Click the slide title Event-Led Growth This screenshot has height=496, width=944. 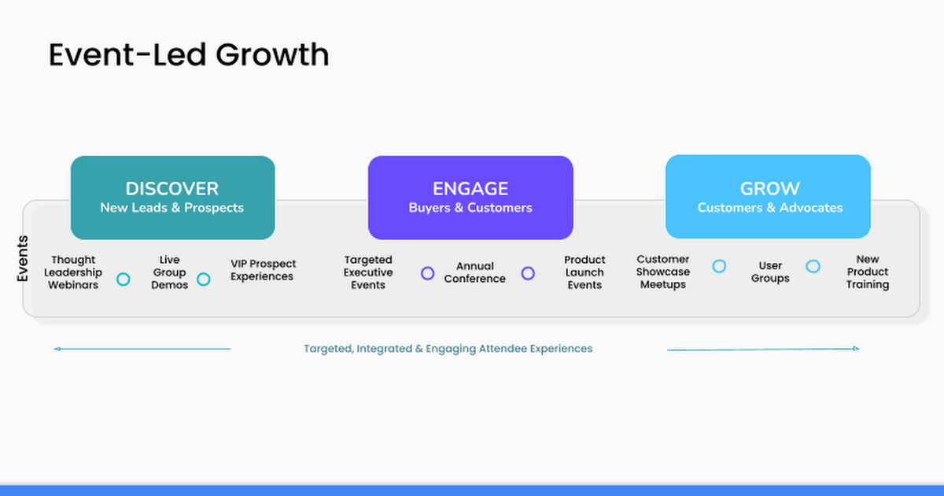pyautogui.click(x=189, y=55)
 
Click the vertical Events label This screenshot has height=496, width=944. pyautogui.click(x=23, y=258)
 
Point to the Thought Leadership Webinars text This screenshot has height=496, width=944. pyautogui.click(x=73, y=272)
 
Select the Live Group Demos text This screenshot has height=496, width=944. pyautogui.click(x=169, y=272)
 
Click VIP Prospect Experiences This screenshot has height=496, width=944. pyautogui.click(x=263, y=270)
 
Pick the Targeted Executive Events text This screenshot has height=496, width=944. pyautogui.click(x=368, y=272)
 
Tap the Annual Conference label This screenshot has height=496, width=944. pyautogui.click(x=474, y=272)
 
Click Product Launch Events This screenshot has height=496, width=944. pyautogui.click(x=584, y=272)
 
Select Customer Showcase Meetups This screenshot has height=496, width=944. pyautogui.click(x=662, y=272)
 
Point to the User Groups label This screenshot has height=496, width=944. pyautogui.click(x=769, y=272)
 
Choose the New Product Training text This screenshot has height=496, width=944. pyautogui.click(x=867, y=272)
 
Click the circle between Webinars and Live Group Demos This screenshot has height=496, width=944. pyautogui.click(x=124, y=279)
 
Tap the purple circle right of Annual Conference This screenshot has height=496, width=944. pyautogui.click(x=528, y=273)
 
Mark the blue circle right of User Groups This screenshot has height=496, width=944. pyautogui.click(x=813, y=266)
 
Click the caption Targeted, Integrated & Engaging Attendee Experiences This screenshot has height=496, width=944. pyautogui.click(x=448, y=348)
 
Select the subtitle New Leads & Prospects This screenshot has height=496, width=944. pyautogui.click(x=172, y=208)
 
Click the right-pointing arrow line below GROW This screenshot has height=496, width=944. pyautogui.click(x=763, y=349)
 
